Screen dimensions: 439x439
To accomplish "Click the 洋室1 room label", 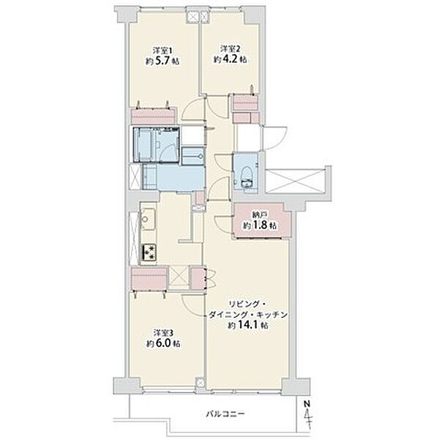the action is pos(162,51).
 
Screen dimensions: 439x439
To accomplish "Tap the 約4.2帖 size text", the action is pos(230,59).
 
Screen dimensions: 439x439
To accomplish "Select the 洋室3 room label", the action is pos(163,333).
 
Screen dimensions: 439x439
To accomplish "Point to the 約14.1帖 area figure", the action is pos(248,326).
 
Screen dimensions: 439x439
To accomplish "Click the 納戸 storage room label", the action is pos(259,215).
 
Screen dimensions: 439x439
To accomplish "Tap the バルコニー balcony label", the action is pos(225,414).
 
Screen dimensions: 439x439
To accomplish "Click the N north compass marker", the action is pos(307,404).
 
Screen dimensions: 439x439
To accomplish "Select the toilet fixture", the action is pos(247,176).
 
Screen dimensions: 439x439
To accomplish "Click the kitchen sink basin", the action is pos(148,219).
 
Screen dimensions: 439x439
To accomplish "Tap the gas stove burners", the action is pos(149,252).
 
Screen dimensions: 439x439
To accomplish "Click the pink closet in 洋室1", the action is pos(153,116).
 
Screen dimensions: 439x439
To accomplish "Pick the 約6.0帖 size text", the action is pos(163,343).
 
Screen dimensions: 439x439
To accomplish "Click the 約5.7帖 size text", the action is pos(162,61).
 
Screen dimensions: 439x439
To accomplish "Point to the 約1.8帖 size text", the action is pos(260,225).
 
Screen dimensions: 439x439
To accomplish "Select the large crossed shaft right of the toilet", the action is pos(296,181).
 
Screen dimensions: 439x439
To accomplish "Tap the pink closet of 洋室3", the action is pos(149,279).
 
